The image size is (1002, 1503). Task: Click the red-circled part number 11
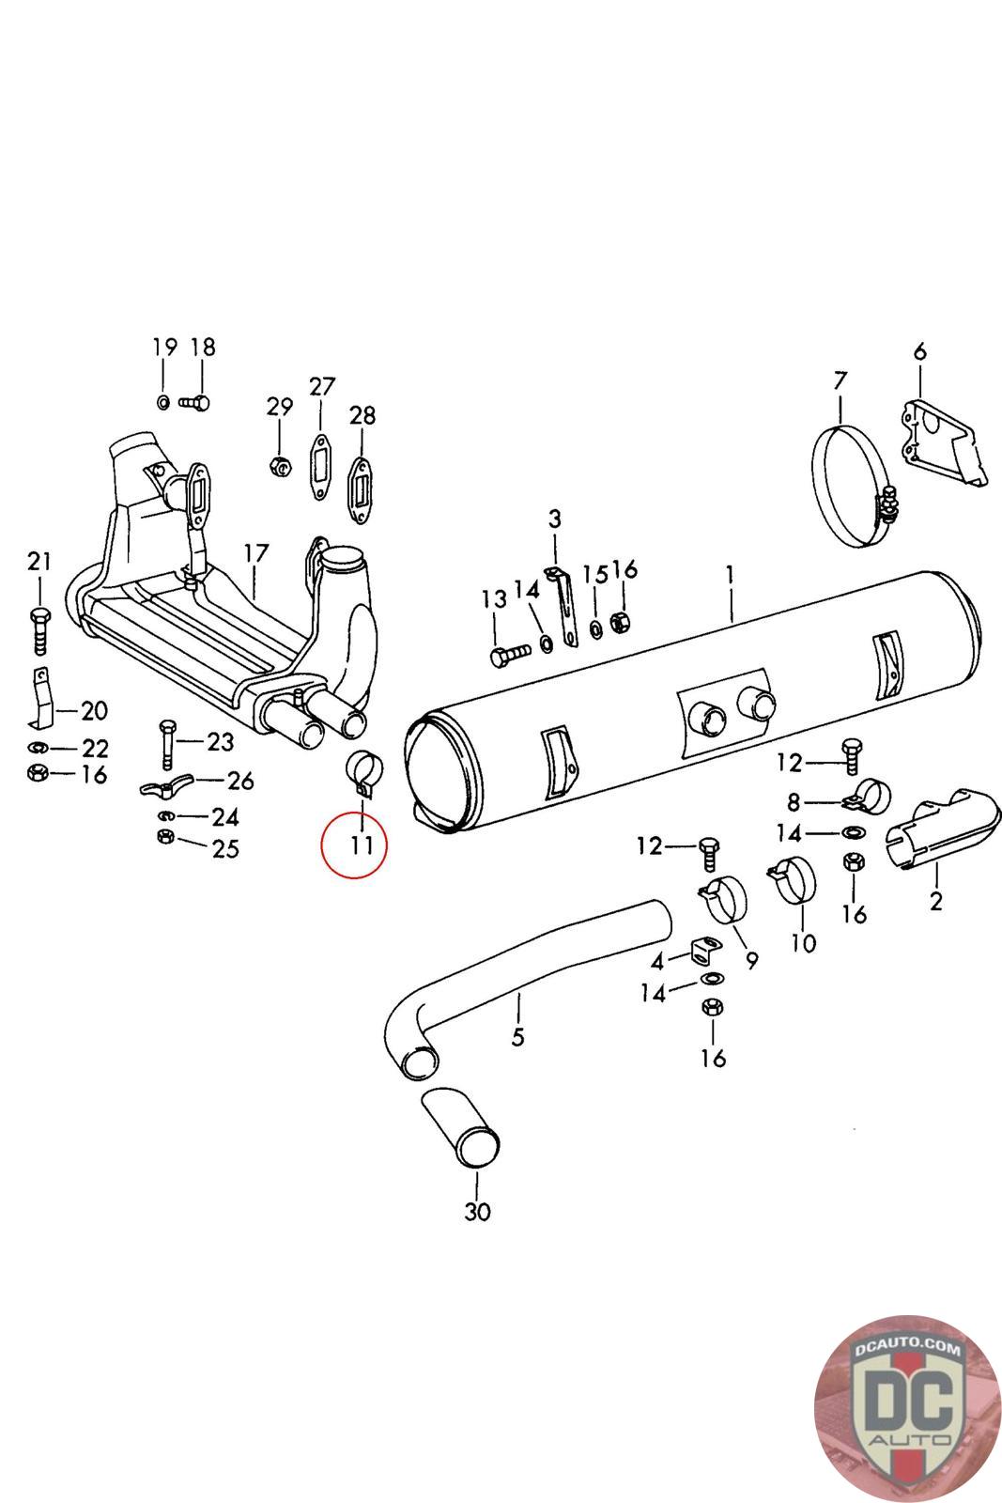[x=362, y=844]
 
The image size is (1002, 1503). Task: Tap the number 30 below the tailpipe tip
[x=477, y=1212]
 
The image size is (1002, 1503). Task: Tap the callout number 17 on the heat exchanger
[x=255, y=552]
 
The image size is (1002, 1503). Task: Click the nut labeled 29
[x=279, y=464]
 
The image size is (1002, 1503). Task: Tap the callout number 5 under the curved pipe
[x=518, y=1037]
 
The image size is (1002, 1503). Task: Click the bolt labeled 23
[x=167, y=742]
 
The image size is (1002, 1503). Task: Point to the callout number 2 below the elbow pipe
[x=935, y=902]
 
